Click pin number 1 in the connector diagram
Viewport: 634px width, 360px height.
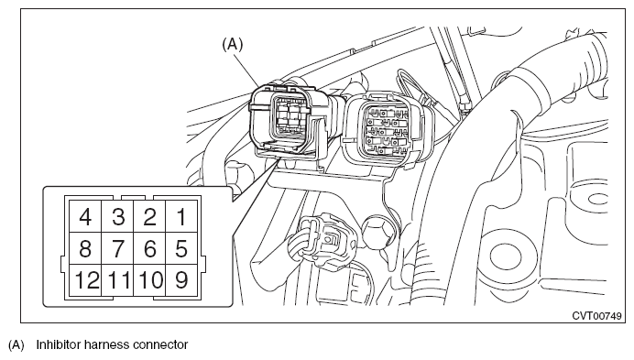(x=182, y=216)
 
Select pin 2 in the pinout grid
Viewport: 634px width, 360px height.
(x=149, y=216)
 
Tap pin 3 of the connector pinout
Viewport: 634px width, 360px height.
(x=117, y=216)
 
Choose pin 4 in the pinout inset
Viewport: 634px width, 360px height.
(x=85, y=216)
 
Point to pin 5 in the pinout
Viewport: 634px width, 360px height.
(x=182, y=248)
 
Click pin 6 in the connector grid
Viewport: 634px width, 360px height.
(x=149, y=248)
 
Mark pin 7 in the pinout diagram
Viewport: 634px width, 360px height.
(x=117, y=248)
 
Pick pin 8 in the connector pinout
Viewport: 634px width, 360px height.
(x=85, y=248)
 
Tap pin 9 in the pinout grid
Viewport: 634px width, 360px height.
(x=182, y=280)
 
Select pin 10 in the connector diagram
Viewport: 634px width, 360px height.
(x=149, y=280)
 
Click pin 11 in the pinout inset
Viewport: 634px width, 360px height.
(x=117, y=280)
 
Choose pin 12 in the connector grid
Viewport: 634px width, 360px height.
(x=85, y=280)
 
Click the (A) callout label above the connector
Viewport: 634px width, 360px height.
(x=233, y=44)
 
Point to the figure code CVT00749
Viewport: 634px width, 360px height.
(x=596, y=315)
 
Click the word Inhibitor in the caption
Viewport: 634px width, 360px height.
(x=56, y=344)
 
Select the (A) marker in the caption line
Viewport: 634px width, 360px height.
(x=16, y=345)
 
